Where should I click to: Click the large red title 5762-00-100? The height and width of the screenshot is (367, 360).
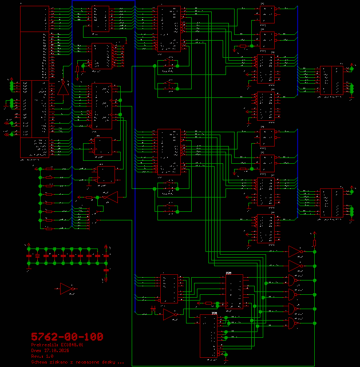click(66, 337)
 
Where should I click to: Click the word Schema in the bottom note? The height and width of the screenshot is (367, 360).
click(39, 362)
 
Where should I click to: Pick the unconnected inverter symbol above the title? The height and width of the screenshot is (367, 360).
click(68, 289)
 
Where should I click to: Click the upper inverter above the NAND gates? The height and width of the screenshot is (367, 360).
click(295, 251)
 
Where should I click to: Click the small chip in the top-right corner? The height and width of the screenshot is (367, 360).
click(267, 14)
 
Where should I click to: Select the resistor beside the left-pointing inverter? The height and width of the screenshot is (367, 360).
click(90, 197)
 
